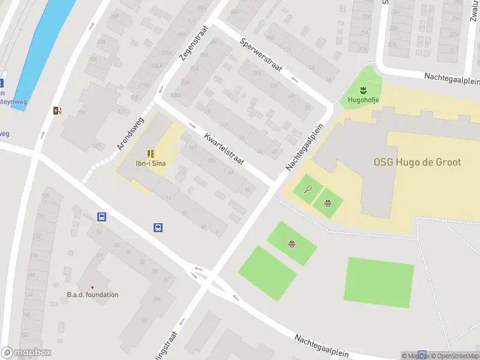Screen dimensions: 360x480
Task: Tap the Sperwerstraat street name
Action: [x=260, y=55]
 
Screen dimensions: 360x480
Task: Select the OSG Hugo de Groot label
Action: [x=418, y=162]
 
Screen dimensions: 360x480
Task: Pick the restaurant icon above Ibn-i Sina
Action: [x=151, y=154]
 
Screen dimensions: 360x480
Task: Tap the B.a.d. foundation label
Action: [x=92, y=295]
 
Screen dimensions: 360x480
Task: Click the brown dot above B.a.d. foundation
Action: [x=92, y=287]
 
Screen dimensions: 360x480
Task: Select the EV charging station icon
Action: [x=57, y=110]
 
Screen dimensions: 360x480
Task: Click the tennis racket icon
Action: [x=308, y=190]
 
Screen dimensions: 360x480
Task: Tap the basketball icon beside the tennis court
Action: [x=328, y=202]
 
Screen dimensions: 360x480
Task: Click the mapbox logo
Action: [x=26, y=353]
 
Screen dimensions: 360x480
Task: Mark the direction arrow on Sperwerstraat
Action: [x=295, y=78]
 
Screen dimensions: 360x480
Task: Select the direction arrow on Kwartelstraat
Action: [x=193, y=126]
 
